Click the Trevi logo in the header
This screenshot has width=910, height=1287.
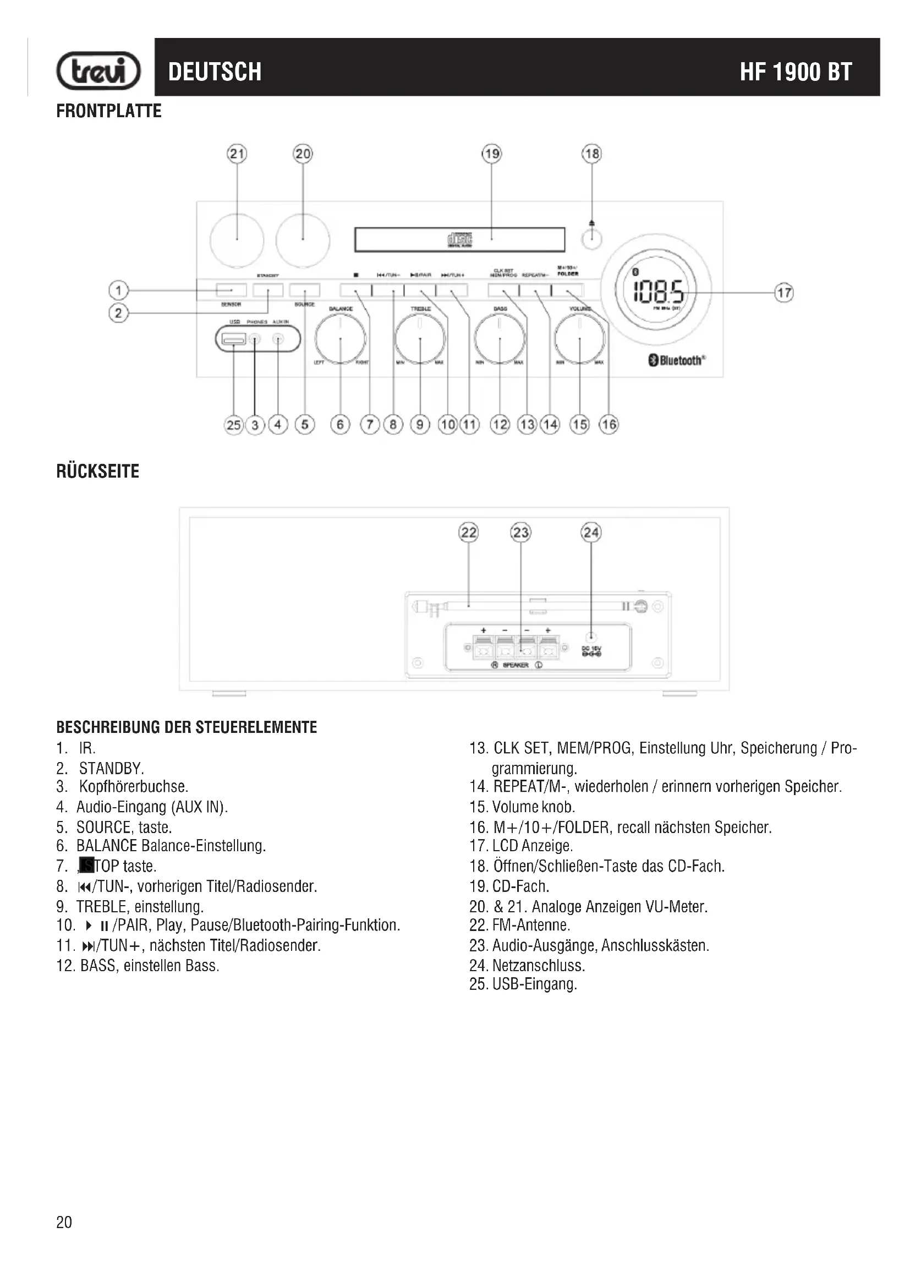[98, 71]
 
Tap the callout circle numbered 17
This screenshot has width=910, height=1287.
[784, 293]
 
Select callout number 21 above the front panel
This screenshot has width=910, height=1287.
[237, 154]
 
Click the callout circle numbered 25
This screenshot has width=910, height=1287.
[234, 425]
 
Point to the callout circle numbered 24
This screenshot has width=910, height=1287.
[591, 532]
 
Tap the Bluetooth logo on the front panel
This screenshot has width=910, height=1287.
[676, 360]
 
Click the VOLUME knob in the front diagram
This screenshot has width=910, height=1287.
[579, 339]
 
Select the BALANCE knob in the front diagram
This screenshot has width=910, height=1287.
[340, 339]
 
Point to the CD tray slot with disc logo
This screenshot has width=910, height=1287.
[459, 240]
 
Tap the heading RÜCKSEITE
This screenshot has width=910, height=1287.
[98, 472]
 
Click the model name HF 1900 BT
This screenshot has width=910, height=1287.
[796, 72]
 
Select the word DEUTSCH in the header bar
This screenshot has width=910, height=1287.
[215, 72]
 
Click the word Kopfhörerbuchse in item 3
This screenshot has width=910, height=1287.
[133, 787]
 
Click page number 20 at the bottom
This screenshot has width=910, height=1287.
[64, 1223]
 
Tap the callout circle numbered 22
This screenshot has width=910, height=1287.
[468, 532]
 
